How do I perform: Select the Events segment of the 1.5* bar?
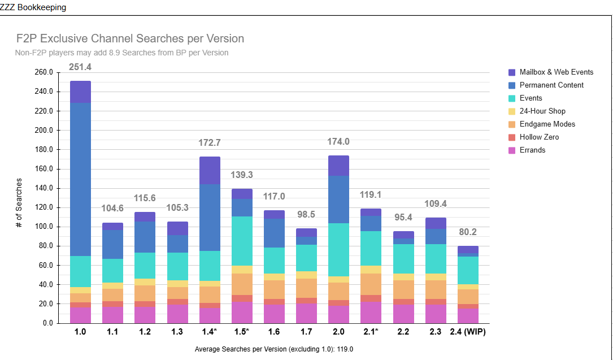point(242,241)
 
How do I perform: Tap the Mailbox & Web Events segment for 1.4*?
point(210,170)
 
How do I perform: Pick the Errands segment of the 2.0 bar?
point(338,314)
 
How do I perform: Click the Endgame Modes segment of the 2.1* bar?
point(371,284)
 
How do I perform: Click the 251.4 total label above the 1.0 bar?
point(80,67)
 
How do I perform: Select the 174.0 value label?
point(338,142)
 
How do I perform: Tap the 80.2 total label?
point(468,232)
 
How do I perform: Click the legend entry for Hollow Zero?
point(539,137)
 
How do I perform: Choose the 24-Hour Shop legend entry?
point(542,111)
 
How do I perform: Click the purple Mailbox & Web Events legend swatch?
point(512,72)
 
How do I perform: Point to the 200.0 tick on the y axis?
point(44,130)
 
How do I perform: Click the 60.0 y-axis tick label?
point(45,265)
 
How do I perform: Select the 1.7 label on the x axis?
point(306,332)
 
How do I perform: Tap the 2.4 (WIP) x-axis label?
point(468,332)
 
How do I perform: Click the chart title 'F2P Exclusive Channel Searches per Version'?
point(130,39)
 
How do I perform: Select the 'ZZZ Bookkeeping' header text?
point(33,7)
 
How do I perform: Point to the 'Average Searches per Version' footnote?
point(273,349)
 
